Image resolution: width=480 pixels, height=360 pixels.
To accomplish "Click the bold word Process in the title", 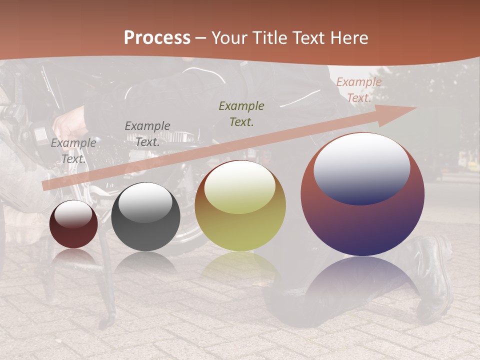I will point(157,38).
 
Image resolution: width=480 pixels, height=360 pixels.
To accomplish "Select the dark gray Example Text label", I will point(147,134).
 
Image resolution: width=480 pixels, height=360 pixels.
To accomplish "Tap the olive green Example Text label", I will point(241,113).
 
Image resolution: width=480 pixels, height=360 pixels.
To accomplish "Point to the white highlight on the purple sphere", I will point(362,167).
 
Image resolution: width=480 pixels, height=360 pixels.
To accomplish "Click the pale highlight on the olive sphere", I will point(240,187).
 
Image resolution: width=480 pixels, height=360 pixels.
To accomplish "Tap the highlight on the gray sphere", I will point(145,202).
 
